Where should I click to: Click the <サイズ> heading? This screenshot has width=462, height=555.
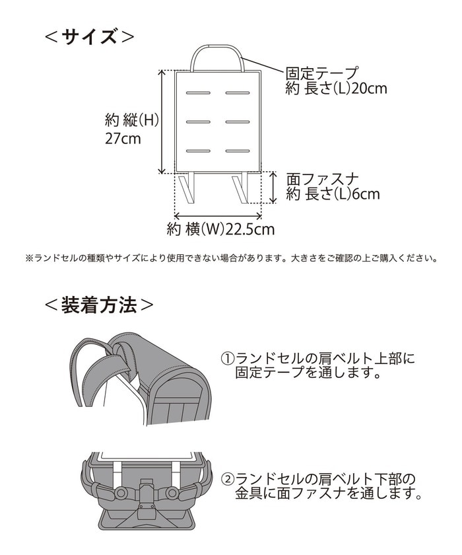(89, 37)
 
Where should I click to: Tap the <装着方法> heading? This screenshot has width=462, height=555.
(100, 305)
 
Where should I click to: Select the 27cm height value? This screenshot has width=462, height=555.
(123, 139)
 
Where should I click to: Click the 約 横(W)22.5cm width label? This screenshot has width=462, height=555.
(220, 229)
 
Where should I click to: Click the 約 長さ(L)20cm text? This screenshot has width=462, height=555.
(336, 89)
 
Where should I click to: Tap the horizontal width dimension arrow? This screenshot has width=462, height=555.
(218, 215)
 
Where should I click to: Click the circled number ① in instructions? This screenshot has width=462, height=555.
(228, 359)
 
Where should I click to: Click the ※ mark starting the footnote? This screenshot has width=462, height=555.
(29, 258)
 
